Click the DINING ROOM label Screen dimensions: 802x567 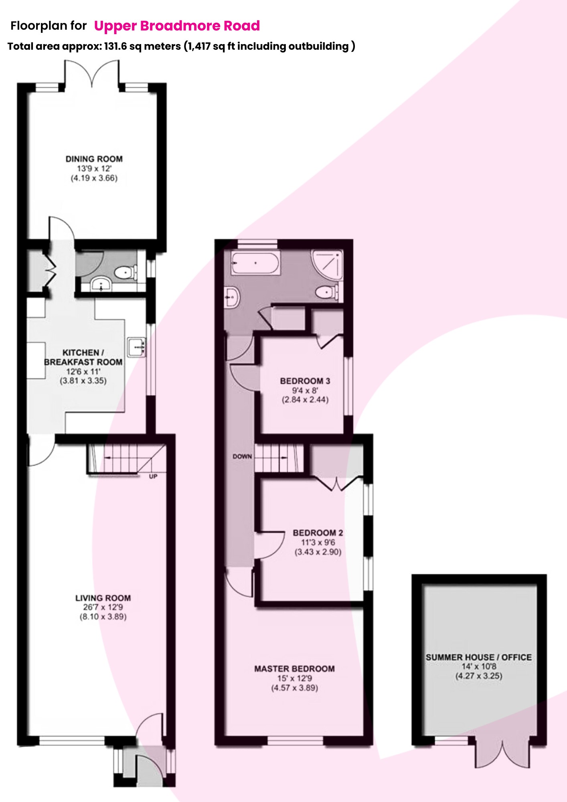coord(94,159)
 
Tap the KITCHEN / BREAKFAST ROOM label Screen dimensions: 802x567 coord(83,357)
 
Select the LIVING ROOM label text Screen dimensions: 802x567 coord(103,598)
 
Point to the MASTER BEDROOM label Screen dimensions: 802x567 coord(294,669)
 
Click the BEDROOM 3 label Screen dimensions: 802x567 coord(305,381)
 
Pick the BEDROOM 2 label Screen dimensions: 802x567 coord(318,533)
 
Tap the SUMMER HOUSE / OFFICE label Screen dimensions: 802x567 coord(479,657)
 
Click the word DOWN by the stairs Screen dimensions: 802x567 coord(242,456)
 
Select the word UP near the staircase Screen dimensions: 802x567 coord(153,476)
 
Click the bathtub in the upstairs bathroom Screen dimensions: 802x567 coord(255,263)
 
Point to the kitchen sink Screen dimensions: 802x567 coord(137,347)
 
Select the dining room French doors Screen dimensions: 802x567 coord(92,74)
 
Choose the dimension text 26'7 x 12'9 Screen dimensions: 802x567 coord(103,608)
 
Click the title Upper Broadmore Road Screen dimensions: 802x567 coord(177,26)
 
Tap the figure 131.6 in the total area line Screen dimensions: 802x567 coord(115,47)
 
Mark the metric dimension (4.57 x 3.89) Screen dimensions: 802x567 coord(294,688)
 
